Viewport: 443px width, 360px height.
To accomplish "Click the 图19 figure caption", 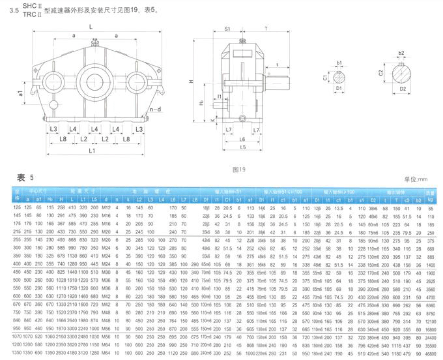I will click(x=238, y=169).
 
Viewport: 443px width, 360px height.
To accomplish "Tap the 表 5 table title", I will click(x=24, y=177).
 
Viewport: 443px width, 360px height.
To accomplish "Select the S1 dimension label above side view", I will click(x=229, y=29).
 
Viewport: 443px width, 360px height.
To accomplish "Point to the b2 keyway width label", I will click(x=401, y=52).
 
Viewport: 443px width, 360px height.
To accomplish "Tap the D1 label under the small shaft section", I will click(x=339, y=86).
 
